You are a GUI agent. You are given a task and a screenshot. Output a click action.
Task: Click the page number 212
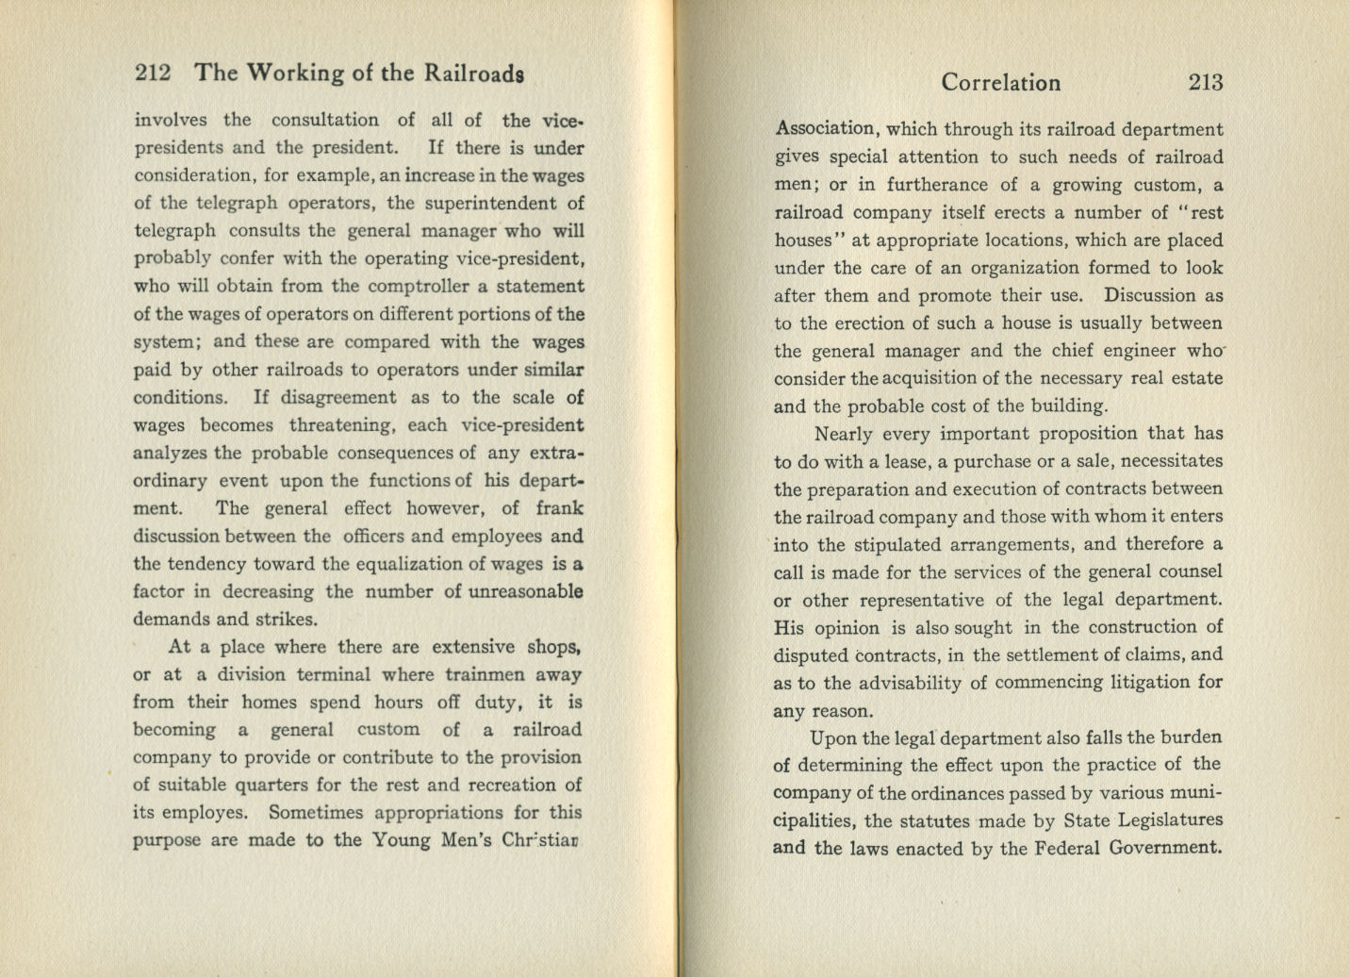[152, 74]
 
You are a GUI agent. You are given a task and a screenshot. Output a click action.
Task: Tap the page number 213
[1206, 83]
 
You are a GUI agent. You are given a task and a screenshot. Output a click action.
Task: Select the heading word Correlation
[1000, 83]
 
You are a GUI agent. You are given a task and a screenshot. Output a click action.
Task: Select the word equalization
[412, 564]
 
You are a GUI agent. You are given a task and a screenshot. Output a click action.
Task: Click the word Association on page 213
[824, 129]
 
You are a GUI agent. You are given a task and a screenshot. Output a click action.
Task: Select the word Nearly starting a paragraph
[844, 434]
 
